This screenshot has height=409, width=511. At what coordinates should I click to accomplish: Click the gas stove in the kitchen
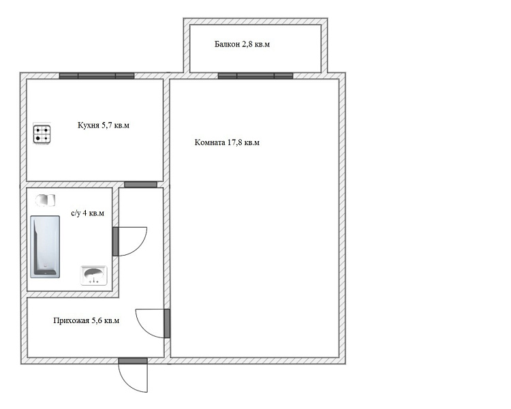point(42,134)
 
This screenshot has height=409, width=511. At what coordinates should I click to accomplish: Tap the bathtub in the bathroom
point(45,247)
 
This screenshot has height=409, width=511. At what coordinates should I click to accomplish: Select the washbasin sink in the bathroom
point(94,275)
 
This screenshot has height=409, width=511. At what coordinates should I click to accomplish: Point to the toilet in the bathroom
point(45,200)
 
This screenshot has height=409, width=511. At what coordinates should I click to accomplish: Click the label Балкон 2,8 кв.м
point(242,44)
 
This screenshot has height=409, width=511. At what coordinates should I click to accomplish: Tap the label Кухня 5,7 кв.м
point(104,125)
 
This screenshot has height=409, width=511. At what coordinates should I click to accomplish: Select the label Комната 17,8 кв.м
point(227,142)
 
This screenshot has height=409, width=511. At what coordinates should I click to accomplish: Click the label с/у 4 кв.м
point(88,213)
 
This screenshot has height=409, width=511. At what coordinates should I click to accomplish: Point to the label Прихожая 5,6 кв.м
point(87,320)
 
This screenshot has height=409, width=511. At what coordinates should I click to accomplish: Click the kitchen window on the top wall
point(97,76)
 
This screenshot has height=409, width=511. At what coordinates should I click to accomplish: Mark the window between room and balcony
point(255,76)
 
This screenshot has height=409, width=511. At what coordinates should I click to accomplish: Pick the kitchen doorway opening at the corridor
point(141,185)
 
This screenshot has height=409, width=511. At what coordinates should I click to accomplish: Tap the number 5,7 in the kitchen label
point(108,125)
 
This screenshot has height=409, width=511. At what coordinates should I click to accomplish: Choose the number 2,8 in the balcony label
point(247,44)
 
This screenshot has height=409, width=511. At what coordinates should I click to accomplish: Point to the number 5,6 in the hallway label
point(97,320)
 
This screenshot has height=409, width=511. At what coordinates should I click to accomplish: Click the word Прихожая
point(71,320)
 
